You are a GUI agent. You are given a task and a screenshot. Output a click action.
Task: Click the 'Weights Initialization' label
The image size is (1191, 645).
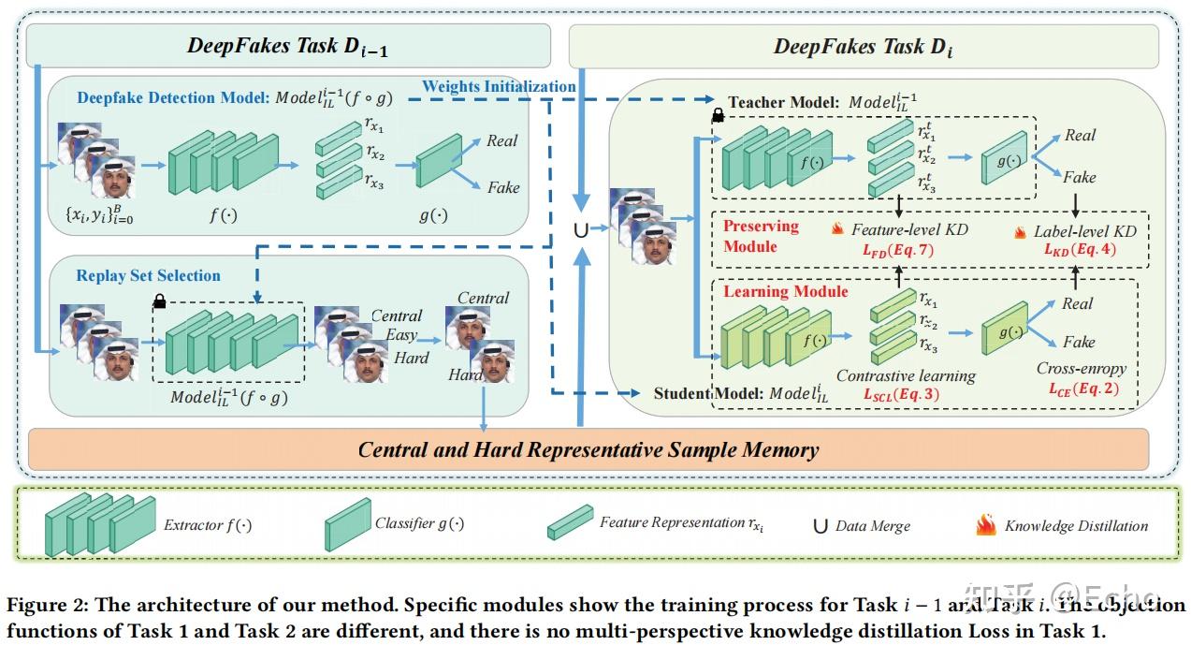click(499, 86)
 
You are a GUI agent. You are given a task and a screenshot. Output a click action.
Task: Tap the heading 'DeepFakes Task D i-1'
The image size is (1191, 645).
click(287, 46)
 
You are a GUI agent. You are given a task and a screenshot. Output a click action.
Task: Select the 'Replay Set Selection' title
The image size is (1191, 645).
click(149, 275)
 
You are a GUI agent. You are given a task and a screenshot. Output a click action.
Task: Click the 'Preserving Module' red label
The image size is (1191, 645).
click(761, 236)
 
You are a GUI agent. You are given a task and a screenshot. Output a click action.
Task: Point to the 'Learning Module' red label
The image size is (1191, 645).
click(786, 291)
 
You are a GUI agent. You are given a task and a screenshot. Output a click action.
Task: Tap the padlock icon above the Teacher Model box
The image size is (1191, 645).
click(718, 115)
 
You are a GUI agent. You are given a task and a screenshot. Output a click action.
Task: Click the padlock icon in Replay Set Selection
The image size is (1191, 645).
click(160, 301)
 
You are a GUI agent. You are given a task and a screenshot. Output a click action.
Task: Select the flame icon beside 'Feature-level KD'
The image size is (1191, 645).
click(837, 229)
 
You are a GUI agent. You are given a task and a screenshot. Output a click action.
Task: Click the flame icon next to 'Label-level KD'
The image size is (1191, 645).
click(1020, 230)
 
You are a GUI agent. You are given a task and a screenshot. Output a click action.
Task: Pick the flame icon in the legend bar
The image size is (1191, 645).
click(986, 524)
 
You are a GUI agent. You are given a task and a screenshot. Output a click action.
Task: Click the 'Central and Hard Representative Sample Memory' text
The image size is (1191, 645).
click(588, 449)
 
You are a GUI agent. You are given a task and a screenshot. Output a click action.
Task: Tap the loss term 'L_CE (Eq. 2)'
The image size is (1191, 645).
click(1082, 388)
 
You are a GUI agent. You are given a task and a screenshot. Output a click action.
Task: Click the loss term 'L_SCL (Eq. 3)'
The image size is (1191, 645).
click(901, 395)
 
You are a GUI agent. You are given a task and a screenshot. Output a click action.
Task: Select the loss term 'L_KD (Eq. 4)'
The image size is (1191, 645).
click(1079, 250)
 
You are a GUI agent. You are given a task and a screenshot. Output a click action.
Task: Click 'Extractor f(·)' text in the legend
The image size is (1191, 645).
click(206, 524)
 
